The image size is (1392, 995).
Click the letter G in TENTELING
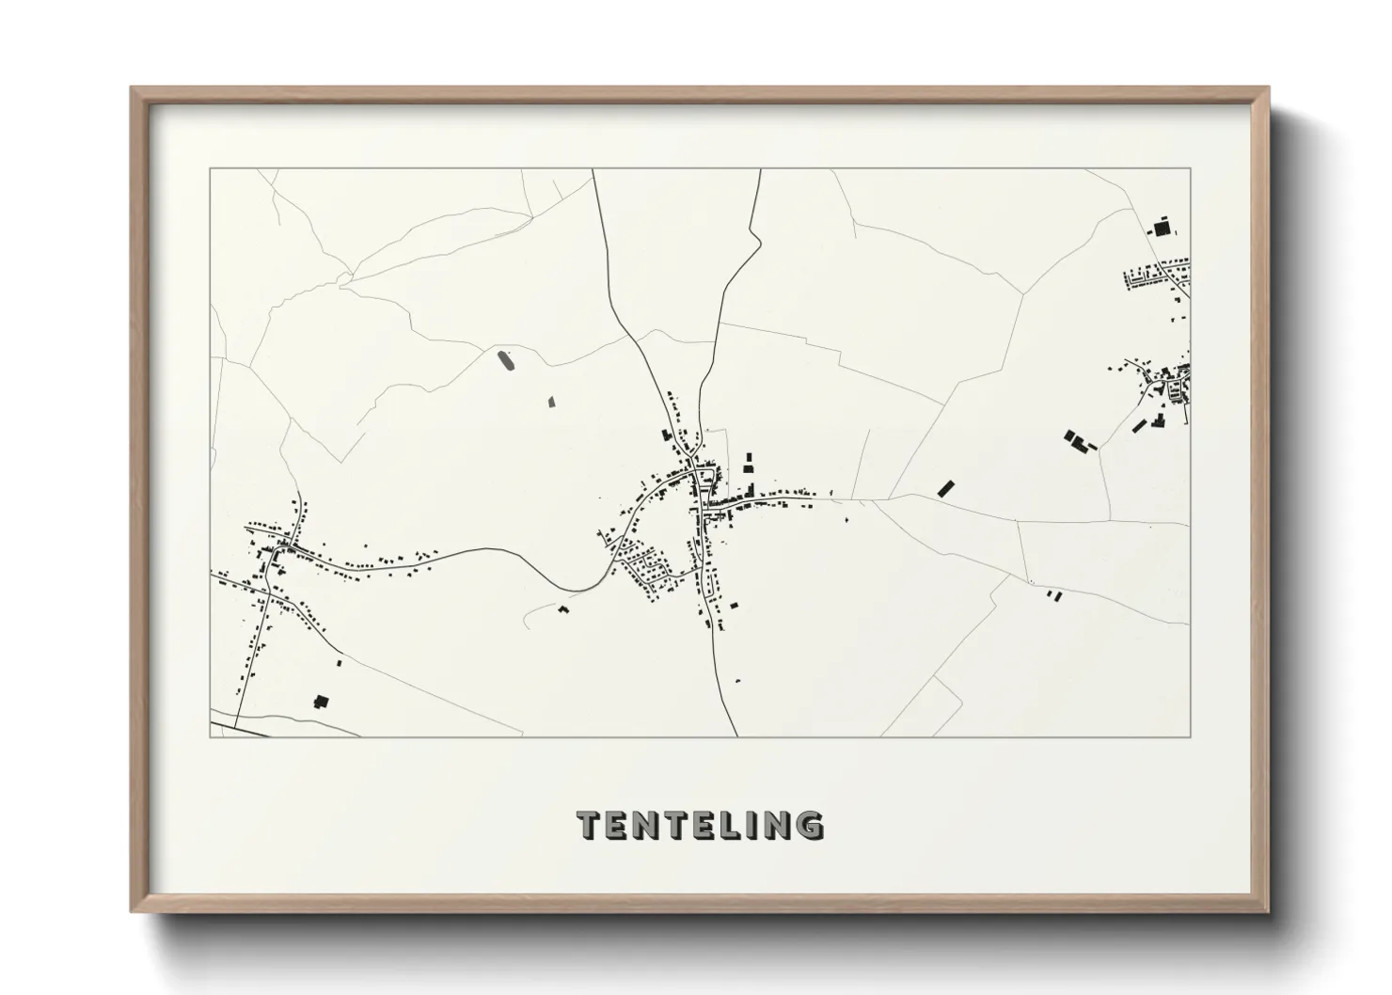coord(808,825)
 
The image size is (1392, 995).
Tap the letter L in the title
coord(721,825)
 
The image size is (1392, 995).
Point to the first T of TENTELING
coord(589,825)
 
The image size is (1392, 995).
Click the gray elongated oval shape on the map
coord(506,360)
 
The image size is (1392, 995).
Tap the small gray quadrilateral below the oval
coord(552,401)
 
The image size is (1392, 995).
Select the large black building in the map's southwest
coord(322,702)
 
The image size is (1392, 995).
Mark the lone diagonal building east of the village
coord(946,488)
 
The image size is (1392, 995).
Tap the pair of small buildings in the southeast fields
coord(1053,595)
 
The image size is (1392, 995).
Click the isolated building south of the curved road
coord(564,609)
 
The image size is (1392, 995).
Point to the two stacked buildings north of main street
coord(750,463)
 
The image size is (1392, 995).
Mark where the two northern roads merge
coord(697,428)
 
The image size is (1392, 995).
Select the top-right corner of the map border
coord(1189,169)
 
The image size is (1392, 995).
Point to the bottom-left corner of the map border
coord(211,736)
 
